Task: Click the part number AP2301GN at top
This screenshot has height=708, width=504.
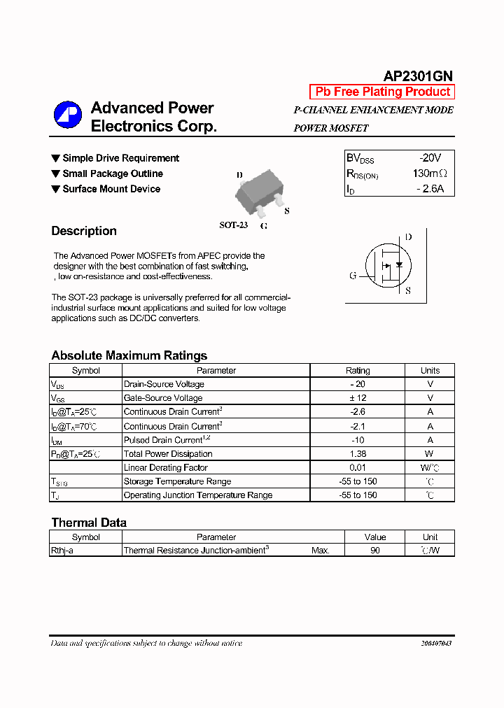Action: point(418,76)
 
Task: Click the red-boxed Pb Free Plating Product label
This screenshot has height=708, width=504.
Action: point(382,92)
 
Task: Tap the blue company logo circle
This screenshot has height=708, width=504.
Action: point(68,115)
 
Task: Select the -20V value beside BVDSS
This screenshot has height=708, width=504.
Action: point(430,158)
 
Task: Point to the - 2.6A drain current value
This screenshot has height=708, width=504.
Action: point(430,189)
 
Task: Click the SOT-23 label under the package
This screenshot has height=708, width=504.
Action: point(233,225)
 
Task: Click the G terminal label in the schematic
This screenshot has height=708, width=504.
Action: point(353,276)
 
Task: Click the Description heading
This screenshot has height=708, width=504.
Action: point(84,231)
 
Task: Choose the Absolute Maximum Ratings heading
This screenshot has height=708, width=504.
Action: point(129,355)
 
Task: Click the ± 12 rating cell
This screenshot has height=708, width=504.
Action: point(358,398)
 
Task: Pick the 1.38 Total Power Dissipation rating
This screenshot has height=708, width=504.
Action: point(358,453)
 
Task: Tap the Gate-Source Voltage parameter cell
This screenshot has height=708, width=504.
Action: point(163,398)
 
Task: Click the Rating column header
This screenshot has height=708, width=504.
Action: point(358,370)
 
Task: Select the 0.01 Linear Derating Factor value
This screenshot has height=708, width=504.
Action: point(358,467)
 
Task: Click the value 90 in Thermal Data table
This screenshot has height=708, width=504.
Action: point(375,551)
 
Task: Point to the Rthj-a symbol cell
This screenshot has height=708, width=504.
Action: point(62,551)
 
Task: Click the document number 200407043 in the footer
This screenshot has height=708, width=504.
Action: point(436,643)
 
